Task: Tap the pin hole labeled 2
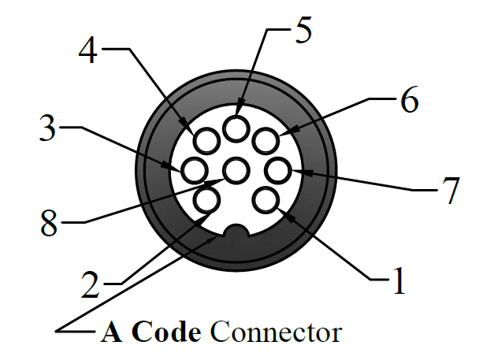pyautogui.click(x=207, y=199)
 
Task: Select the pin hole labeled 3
pyautogui.click(x=195, y=169)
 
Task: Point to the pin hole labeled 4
pyautogui.click(x=206, y=140)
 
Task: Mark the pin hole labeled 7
pyautogui.click(x=277, y=169)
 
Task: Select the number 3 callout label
pyautogui.click(x=49, y=127)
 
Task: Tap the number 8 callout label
pyautogui.click(x=50, y=224)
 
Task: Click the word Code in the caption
pyautogui.click(x=167, y=332)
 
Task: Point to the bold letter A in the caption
pyautogui.click(x=111, y=332)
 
